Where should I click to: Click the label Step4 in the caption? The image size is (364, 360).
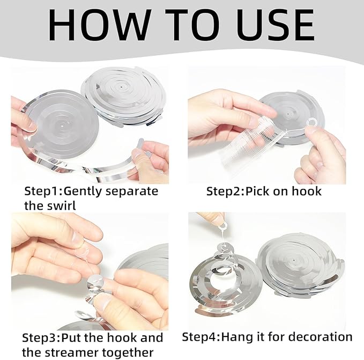point(199,337)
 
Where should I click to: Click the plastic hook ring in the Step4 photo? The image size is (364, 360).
point(224,225)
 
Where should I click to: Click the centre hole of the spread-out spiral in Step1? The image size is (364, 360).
point(63,126)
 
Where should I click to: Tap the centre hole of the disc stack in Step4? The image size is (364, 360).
point(294,260)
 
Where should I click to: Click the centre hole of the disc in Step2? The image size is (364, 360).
point(288,114)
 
